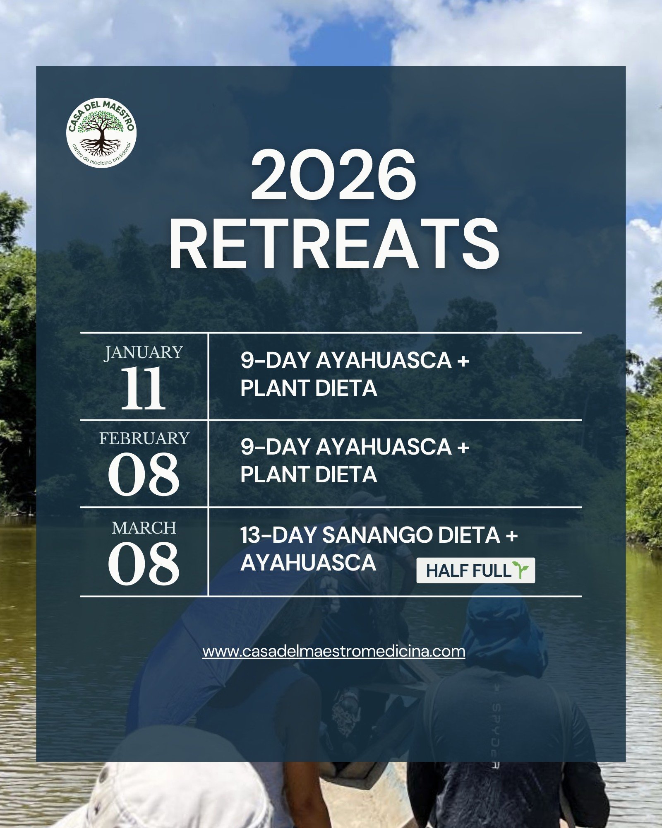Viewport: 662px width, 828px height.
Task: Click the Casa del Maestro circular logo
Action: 101,132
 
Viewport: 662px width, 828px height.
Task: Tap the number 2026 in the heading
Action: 333,175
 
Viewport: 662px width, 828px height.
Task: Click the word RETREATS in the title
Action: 334,245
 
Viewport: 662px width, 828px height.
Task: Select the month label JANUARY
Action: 144,352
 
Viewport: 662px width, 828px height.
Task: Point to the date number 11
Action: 143,388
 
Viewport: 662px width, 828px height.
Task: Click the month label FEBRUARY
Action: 144,438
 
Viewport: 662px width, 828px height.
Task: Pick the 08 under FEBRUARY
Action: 144,474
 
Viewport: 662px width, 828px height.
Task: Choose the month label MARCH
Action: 144,528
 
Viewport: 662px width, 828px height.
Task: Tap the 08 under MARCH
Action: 144,564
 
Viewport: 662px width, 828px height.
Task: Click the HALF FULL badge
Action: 475,570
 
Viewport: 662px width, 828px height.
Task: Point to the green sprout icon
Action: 520,570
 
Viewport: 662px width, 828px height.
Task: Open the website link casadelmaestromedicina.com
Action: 334,651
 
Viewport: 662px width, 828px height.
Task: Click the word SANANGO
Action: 377,535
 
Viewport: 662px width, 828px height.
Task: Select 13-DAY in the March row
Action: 278,535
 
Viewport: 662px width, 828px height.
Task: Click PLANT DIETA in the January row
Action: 309,388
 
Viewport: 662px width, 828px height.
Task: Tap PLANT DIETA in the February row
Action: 309,474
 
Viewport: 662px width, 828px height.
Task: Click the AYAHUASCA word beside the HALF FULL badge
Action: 308,563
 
